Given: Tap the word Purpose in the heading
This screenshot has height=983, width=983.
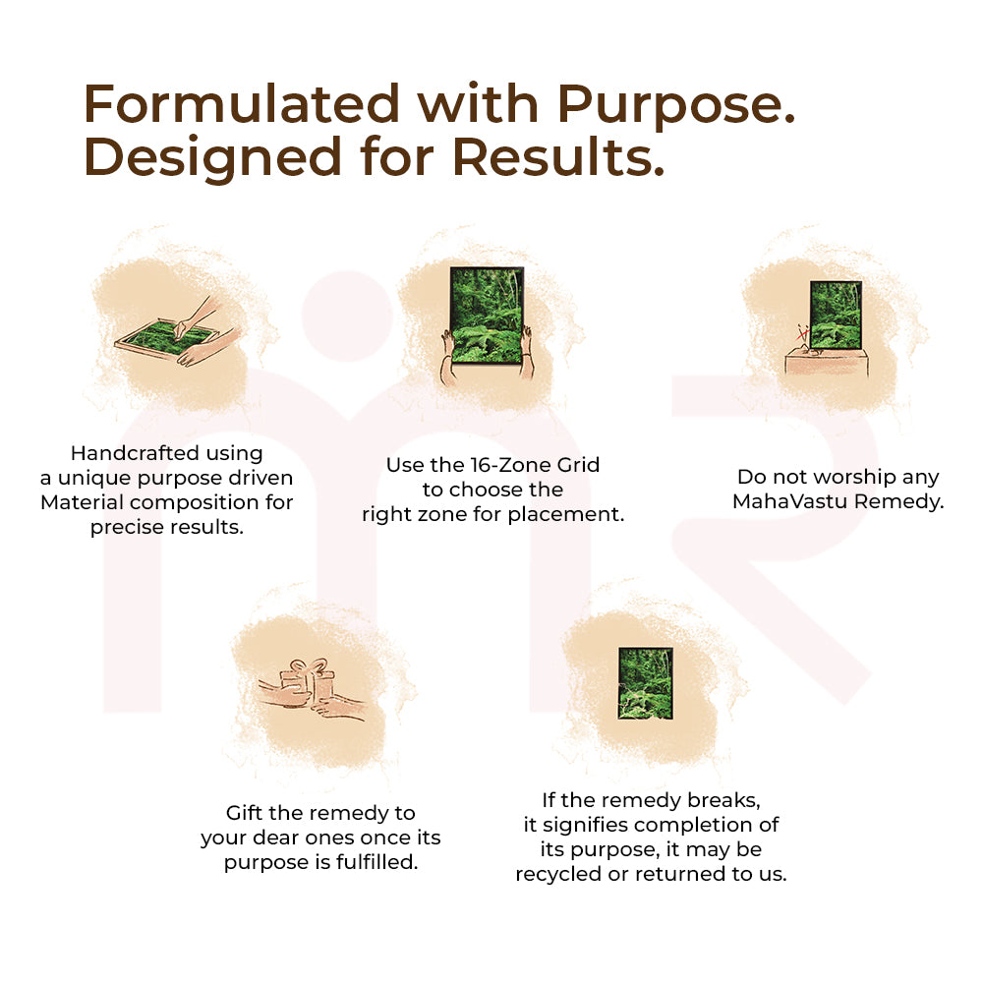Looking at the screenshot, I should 674,103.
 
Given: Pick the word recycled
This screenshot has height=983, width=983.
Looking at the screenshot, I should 560,874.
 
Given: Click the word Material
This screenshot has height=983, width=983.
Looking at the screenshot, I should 87,502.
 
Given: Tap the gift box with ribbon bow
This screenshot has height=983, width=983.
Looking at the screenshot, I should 308,680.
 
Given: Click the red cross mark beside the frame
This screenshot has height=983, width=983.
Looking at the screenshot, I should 802,335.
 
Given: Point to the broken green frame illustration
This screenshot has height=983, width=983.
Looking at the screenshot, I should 645,682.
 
